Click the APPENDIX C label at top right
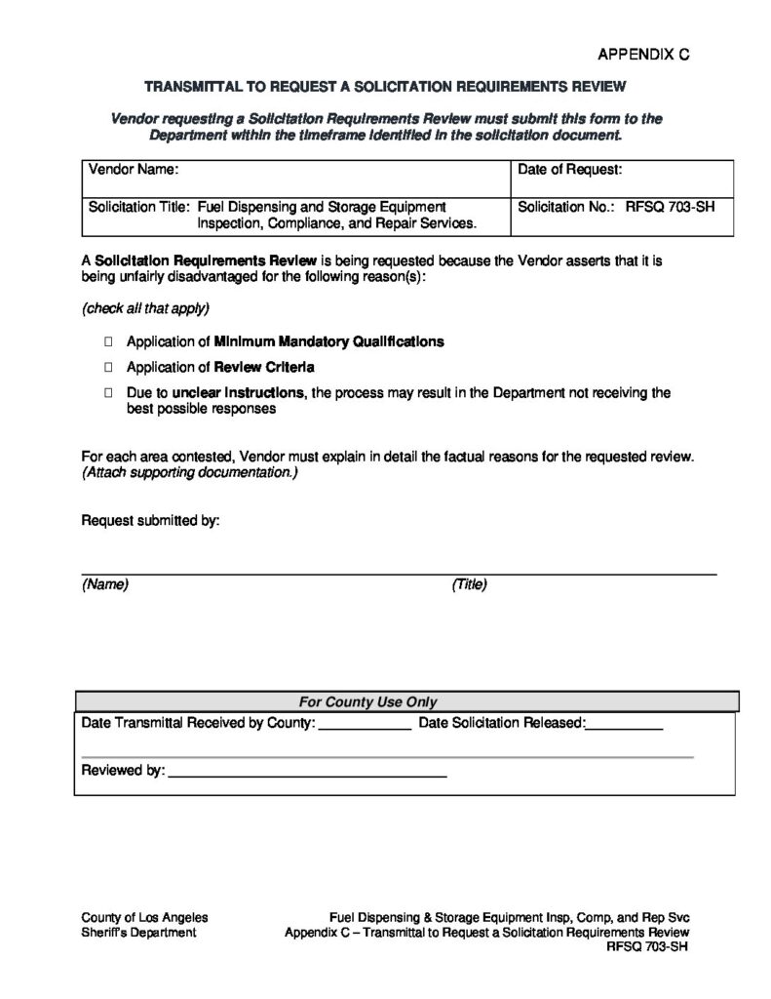click(x=643, y=55)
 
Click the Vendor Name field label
click(x=134, y=170)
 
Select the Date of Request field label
click(x=569, y=170)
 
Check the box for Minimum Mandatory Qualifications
click(x=107, y=342)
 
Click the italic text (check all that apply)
click(x=145, y=308)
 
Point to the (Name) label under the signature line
click(x=105, y=585)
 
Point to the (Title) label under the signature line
click(x=469, y=585)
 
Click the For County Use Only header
click(x=367, y=701)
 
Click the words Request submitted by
click(x=150, y=521)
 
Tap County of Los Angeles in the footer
click(x=144, y=918)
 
